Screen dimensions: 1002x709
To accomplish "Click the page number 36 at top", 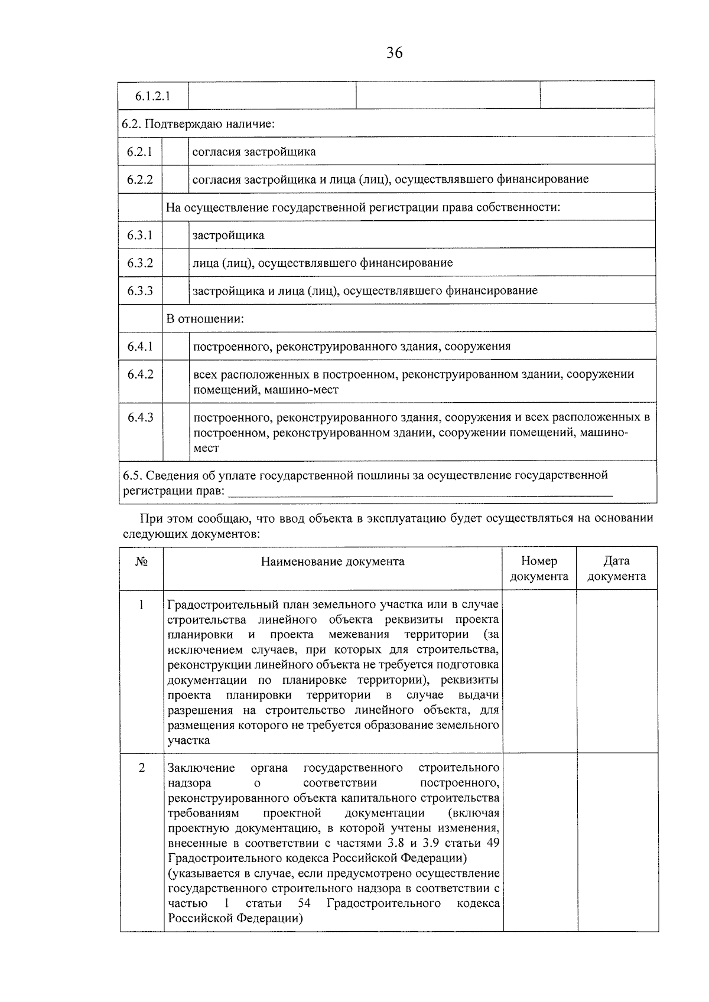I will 395,53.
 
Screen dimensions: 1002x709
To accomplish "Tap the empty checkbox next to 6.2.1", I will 175,151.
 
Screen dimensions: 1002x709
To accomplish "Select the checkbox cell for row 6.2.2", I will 175,179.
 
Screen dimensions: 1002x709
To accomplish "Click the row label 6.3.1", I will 140,235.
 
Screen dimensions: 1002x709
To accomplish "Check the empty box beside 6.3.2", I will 175,263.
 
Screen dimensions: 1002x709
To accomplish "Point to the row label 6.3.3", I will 140,291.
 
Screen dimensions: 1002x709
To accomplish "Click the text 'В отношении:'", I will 205,319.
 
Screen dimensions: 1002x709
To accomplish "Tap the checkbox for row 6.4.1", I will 175,346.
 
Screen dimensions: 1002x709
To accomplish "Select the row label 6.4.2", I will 141,374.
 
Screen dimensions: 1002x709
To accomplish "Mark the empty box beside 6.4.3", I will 175,432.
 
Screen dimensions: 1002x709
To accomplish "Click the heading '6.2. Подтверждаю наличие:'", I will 199,124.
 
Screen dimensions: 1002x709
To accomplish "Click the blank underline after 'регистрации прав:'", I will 419,491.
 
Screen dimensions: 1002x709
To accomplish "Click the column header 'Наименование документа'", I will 333,562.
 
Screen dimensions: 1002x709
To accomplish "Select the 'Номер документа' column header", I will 539,569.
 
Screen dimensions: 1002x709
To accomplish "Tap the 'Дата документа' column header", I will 616,569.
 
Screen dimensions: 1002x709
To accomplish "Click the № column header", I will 141,562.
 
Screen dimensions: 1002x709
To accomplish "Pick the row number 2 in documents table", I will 142,768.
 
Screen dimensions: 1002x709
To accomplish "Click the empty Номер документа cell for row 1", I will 539,671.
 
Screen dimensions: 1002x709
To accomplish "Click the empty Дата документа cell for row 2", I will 617,842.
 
